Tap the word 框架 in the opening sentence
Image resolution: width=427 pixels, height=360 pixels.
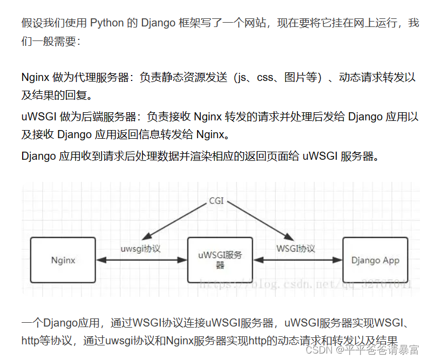pos(206,23)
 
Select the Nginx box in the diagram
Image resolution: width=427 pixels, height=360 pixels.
pos(63,260)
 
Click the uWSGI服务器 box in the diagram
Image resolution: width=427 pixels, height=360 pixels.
pos(220,260)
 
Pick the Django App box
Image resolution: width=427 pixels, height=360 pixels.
pos(375,260)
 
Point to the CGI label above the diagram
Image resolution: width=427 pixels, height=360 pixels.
pos(216,201)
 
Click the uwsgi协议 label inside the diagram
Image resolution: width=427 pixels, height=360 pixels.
pos(141,249)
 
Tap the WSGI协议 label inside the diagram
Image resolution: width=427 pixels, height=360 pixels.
pos(295,249)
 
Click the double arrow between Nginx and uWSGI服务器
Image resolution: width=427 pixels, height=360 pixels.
pos(141,261)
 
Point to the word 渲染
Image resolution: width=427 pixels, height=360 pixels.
pos(233,157)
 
